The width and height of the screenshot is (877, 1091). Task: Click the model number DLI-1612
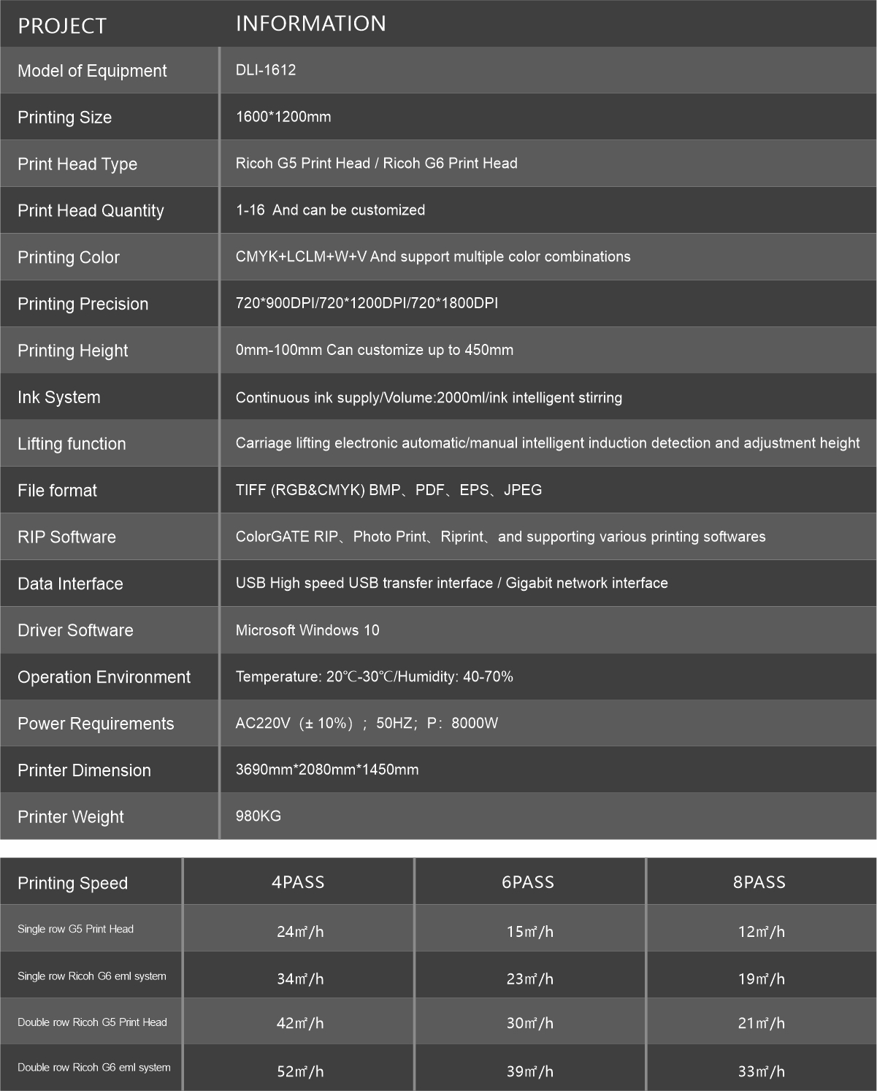pos(266,70)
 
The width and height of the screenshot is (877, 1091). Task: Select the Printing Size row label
pos(64,118)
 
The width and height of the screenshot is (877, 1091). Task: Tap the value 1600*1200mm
pos(283,117)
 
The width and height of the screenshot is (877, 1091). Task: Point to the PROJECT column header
pos(62,26)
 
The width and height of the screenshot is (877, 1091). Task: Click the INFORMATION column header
pos(310,23)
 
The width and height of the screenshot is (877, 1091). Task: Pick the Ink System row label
pos(59,397)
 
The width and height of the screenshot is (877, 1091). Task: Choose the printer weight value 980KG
pos(258,816)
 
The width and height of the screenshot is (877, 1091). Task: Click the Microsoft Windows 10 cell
pos(307,630)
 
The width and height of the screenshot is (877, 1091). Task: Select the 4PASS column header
pos(298,882)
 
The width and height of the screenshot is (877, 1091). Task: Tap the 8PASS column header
pos(759,882)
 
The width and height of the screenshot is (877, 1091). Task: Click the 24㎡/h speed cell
pos(300,931)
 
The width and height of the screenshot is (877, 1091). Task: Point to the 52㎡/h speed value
pos(300,1071)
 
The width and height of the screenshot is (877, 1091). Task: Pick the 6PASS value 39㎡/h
pos(530,1071)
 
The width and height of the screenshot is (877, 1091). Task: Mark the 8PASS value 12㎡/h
pos(762,931)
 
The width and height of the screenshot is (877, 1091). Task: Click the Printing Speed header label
pos(72,883)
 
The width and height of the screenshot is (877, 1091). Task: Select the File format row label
pos(57,491)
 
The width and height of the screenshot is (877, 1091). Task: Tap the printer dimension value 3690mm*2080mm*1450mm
pos(327,770)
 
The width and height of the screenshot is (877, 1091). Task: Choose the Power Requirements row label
pos(96,724)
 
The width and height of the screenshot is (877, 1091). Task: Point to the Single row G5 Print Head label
pos(75,929)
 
